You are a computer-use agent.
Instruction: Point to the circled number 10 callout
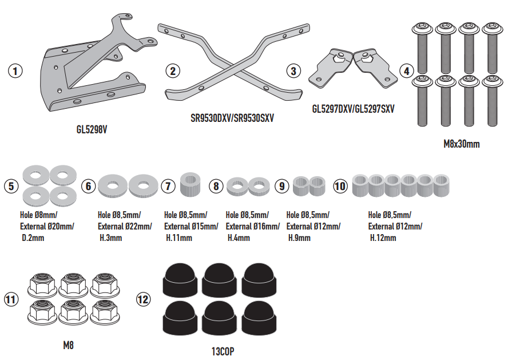[x=340, y=186]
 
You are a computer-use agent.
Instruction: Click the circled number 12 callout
[x=143, y=298]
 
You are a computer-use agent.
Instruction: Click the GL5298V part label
[x=92, y=130]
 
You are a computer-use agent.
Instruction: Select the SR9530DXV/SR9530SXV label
[x=232, y=118]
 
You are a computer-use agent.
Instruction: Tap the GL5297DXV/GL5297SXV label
[x=354, y=108]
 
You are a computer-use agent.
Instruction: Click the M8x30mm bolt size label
[x=462, y=144]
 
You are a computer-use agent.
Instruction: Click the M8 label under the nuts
[x=68, y=345]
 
